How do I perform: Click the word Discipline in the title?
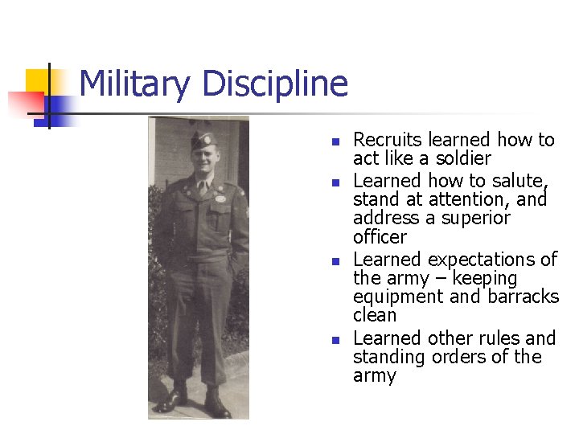pyautogui.click(x=275, y=84)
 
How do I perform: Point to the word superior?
pyautogui.click(x=473, y=218)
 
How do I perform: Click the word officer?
pyautogui.click(x=380, y=236)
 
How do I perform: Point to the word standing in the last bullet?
pyautogui.click(x=389, y=357)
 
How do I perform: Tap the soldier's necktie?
pyautogui.click(x=203, y=188)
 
